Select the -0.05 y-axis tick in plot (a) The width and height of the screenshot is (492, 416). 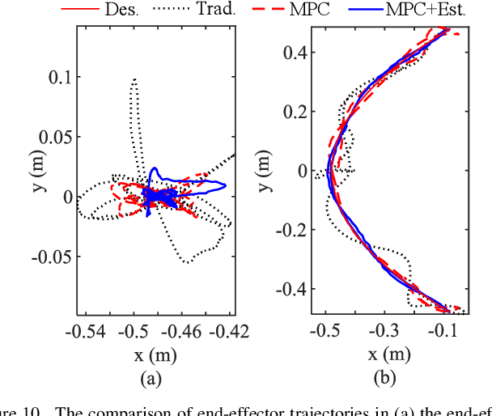(x=52, y=257)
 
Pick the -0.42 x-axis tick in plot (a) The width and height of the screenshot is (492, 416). (x=232, y=331)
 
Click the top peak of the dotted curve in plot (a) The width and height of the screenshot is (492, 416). (x=134, y=79)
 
